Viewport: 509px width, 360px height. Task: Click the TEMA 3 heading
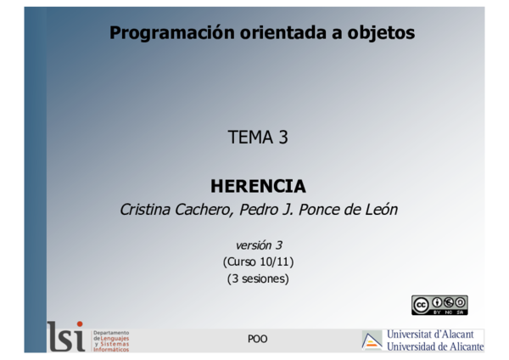258,138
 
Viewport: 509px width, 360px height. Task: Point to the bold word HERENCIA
258,186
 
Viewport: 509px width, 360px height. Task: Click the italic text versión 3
258,245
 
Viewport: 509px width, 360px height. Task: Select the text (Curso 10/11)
258,262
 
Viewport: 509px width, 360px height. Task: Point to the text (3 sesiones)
258,278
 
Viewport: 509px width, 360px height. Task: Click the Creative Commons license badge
439,305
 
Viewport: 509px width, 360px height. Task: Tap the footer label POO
257,339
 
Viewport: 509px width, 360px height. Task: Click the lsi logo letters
66,336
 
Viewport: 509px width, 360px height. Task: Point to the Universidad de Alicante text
434,346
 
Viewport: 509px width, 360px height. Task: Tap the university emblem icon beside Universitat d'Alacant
372,340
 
